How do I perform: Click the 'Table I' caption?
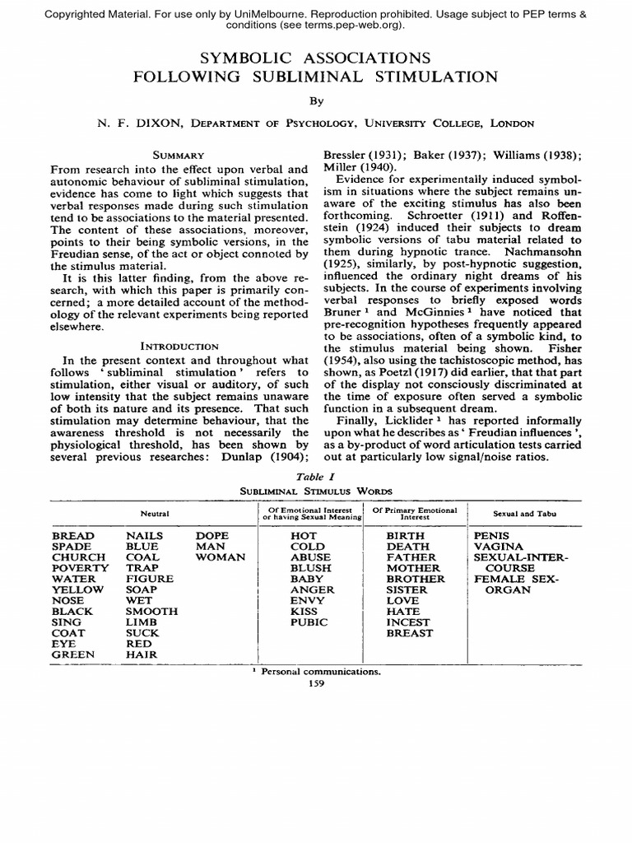pos(316,476)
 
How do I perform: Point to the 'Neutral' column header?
pos(154,514)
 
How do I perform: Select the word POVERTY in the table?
pos(80,568)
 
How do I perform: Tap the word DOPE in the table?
pos(212,535)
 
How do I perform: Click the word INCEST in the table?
pos(408,622)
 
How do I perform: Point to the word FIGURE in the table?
pos(150,579)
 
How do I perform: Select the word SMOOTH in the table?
pos(151,612)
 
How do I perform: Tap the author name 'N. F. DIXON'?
pos(139,123)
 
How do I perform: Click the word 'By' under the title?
pos(316,101)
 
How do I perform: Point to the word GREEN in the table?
pos(73,654)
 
